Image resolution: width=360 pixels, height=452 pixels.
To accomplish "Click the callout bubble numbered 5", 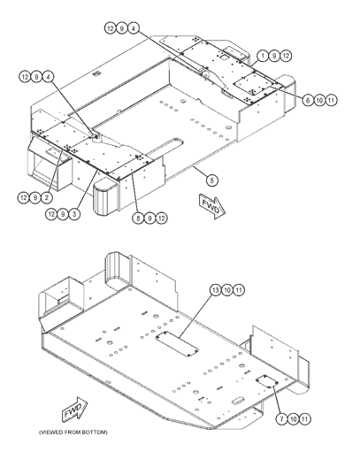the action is pos(211,180).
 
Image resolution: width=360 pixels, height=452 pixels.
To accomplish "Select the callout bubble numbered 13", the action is pos(216,290).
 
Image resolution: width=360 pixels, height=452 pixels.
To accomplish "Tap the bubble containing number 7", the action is pos(282,418).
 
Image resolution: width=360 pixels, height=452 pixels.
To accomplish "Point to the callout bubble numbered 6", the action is pos(308,101).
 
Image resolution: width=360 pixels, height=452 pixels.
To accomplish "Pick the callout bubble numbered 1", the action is pos(263,56).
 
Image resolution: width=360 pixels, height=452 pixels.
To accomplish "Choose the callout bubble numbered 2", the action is pos(47,197).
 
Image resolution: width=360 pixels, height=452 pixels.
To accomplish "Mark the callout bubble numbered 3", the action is pos(74,214).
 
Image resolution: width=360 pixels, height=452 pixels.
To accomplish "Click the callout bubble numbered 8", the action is pos(138,218).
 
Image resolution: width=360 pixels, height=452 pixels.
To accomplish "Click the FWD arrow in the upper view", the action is pos(212,206).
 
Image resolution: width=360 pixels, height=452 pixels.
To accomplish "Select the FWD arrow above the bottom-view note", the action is pos(74,410).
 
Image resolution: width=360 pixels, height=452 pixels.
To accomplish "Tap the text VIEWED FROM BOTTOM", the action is pos(73,433).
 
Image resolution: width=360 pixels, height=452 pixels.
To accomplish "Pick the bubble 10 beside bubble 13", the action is pos(227,290).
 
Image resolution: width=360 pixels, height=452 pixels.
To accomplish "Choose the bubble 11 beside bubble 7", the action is pos(305,418).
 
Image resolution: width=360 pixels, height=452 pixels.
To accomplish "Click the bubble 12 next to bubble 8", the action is pos(161,218).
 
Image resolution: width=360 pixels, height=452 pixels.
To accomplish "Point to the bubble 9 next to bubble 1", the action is pos(274,56).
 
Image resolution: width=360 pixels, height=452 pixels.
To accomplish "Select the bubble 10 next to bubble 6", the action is pos(319,101).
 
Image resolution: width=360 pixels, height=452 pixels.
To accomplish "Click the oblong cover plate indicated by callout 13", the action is pos(177,343).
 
